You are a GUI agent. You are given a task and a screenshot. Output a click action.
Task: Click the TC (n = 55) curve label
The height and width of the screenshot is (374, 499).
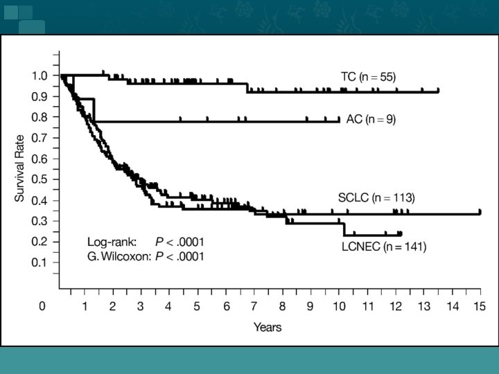tap(368, 77)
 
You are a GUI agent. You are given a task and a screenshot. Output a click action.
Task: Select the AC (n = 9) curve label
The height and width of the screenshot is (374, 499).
tap(371, 119)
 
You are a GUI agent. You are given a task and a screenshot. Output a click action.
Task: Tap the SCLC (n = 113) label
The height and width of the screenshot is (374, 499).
tap(376, 198)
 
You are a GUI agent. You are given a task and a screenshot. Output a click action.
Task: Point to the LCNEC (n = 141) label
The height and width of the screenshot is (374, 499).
tap(384, 247)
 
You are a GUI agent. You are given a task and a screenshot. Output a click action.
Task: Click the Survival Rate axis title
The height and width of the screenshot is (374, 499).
tap(19, 168)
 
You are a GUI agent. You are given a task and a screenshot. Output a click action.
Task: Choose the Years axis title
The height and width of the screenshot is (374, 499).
tap(268, 327)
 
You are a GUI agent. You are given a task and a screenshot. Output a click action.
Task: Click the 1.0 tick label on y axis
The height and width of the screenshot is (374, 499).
tap(40, 76)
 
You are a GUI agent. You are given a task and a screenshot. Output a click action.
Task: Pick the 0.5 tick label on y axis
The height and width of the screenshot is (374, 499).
tap(40, 179)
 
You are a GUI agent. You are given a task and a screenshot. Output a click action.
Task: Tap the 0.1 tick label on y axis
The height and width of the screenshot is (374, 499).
tap(40, 262)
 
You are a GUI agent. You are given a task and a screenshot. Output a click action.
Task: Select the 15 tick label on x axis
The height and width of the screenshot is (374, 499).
tap(480, 306)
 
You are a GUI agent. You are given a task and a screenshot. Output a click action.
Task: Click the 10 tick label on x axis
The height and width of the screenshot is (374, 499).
tap(339, 306)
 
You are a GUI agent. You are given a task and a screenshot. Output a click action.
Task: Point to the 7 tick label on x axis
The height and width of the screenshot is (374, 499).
tap(254, 306)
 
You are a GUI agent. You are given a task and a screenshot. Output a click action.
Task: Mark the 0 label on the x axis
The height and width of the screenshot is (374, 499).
tap(42, 306)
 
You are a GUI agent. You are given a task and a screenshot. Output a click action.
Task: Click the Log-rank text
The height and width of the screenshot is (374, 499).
tap(112, 242)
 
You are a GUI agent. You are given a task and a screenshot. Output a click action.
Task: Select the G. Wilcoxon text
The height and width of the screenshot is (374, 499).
tap(119, 257)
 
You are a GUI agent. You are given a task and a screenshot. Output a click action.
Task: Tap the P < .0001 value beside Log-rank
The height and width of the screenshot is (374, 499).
tap(180, 242)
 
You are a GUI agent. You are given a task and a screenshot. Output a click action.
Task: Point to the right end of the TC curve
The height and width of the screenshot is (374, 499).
tap(438, 91)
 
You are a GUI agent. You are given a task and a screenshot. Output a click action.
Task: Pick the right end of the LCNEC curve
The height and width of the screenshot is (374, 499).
tap(401, 235)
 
